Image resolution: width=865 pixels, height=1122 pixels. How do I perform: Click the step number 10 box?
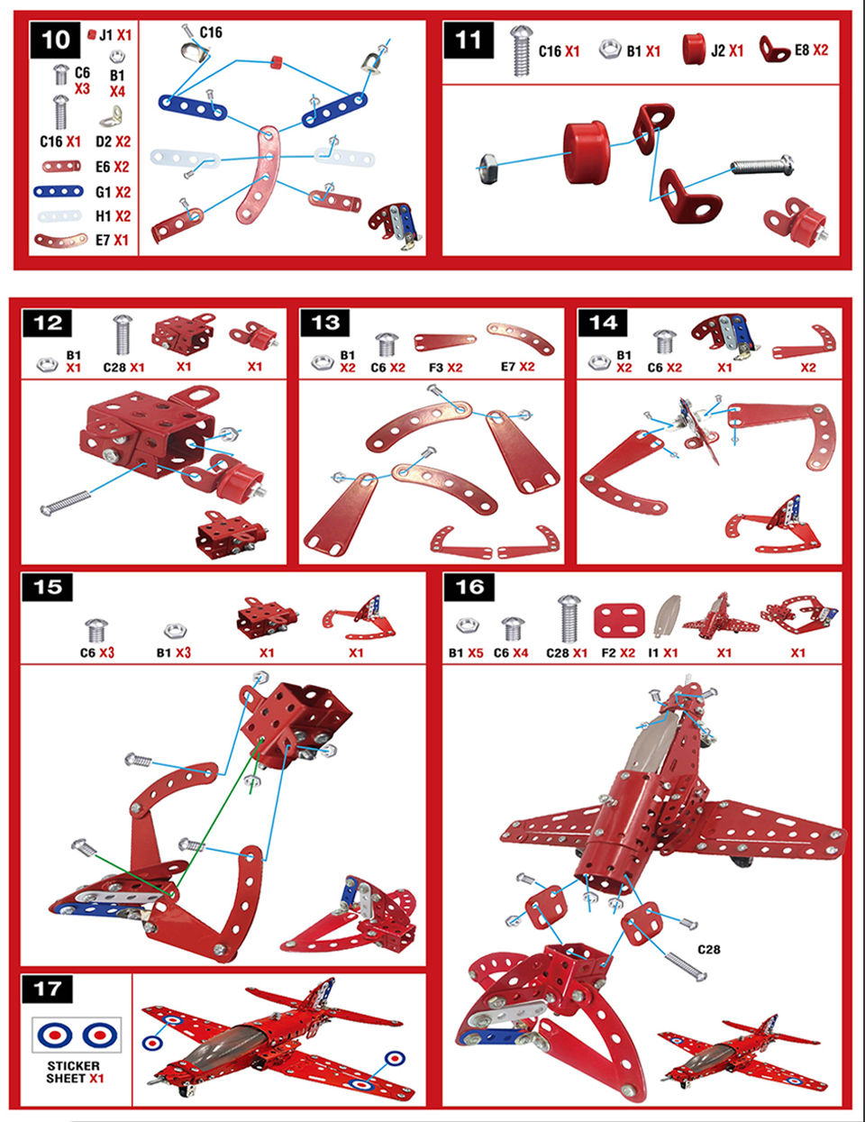[x=55, y=40]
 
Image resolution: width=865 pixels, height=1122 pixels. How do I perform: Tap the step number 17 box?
[x=48, y=989]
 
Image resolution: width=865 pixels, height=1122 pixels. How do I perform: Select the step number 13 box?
[x=325, y=323]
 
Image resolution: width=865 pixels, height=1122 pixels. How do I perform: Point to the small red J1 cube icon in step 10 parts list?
[x=92, y=34]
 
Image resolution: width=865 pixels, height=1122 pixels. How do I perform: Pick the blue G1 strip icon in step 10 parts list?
[x=59, y=192]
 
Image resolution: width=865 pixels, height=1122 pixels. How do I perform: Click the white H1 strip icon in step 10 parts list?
[x=60, y=216]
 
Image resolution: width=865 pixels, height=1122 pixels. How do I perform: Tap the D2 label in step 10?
[x=103, y=141]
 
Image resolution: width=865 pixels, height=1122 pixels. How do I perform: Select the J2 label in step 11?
[x=718, y=50]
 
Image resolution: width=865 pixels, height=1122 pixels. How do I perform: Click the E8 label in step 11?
[x=801, y=50]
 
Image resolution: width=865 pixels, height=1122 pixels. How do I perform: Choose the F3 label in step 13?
[x=436, y=368]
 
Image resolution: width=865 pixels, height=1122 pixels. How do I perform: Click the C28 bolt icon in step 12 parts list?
[x=122, y=334]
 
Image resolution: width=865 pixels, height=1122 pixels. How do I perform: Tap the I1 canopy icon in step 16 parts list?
[x=667, y=616]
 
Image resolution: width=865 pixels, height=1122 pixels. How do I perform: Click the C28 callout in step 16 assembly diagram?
[x=709, y=949]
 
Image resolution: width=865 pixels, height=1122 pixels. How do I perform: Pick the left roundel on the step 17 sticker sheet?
[x=54, y=1035]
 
